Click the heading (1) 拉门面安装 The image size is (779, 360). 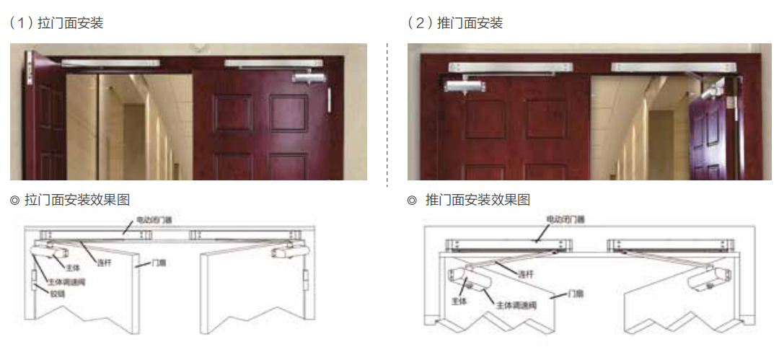57,23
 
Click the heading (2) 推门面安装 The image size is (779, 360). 455,23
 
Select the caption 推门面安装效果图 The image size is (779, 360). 477,200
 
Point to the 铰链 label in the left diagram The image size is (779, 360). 57,294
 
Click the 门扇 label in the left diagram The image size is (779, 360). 158,263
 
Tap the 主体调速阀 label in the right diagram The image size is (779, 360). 516,304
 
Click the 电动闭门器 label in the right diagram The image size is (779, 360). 565,219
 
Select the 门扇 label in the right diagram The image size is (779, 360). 576,294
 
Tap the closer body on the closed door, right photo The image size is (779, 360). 465,86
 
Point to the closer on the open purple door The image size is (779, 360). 710,92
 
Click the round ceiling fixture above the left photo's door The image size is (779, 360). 201,47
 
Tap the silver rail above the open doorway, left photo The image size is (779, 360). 110,63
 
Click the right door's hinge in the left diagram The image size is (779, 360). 306,280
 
